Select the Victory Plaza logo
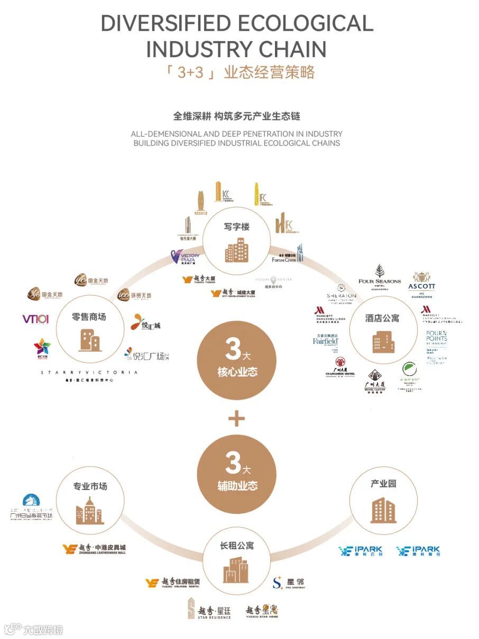pyautogui.click(x=184, y=258)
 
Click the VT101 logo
pyautogui.click(x=35, y=318)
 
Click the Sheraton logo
pyautogui.click(x=341, y=293)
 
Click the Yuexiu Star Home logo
pyautogui.click(x=262, y=611)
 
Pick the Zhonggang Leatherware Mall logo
pyautogui.click(x=94, y=549)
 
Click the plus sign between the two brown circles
pyautogui.click(x=236, y=419)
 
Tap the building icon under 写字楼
pyautogui.click(x=236, y=250)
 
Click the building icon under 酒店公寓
pyautogui.click(x=382, y=342)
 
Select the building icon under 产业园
pyautogui.click(x=383, y=510)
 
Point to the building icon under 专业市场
pyautogui.click(x=89, y=510)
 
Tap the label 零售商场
pyautogui.click(x=89, y=317)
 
